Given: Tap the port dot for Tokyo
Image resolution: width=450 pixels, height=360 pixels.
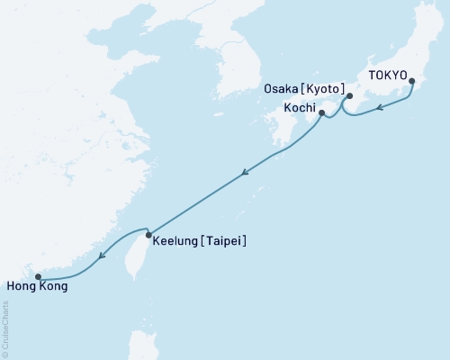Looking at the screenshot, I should pyautogui.click(x=412, y=83).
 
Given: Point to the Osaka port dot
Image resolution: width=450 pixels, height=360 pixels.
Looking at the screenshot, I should pyautogui.click(x=349, y=96).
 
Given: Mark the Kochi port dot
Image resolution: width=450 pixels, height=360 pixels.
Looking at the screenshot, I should pyautogui.click(x=321, y=113).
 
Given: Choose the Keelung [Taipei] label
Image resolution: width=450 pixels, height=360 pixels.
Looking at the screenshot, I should pyautogui.click(x=200, y=241).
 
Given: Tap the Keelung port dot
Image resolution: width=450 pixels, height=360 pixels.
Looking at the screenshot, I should pyautogui.click(x=148, y=235).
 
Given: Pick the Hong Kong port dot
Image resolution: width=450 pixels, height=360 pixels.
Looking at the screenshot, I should pyautogui.click(x=37, y=276).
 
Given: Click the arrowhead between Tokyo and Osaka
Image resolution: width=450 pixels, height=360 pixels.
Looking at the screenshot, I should pyautogui.click(x=380, y=108).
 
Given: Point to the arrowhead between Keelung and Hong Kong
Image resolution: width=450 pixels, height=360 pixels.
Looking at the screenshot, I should pyautogui.click(x=103, y=256).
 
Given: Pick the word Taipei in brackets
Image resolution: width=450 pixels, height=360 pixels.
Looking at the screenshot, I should pyautogui.click(x=225, y=241).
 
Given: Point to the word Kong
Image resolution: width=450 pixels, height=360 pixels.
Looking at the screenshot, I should pyautogui.click(x=51, y=287).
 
